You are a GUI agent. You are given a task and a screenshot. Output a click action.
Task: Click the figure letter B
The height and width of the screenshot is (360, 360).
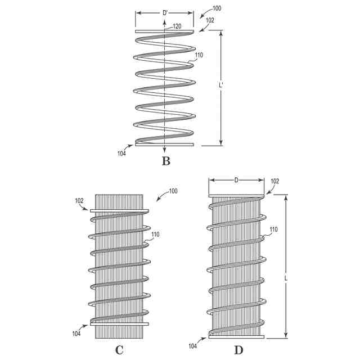165,161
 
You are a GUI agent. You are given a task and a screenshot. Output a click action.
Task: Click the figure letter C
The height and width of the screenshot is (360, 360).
119,350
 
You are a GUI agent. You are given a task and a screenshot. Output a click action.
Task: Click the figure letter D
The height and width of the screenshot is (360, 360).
238,350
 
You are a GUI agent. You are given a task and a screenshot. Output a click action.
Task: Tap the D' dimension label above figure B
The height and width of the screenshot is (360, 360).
165,12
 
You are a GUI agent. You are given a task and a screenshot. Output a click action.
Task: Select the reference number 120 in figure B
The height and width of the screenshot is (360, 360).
177,26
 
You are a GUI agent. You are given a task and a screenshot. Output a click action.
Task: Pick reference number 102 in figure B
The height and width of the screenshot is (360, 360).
210,20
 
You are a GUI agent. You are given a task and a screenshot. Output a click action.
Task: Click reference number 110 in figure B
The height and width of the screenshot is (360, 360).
199,55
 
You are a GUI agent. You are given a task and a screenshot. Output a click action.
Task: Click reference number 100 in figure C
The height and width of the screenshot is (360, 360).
173,191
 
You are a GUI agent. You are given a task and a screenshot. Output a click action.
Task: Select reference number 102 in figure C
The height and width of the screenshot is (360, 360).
79,200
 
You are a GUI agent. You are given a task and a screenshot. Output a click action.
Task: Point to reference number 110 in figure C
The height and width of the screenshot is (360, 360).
156,235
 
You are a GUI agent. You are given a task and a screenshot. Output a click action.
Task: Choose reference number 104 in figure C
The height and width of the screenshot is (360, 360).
76,334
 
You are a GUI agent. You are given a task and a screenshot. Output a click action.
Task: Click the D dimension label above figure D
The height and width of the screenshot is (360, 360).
236,180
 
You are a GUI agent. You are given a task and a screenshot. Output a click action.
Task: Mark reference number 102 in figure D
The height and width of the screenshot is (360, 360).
275,181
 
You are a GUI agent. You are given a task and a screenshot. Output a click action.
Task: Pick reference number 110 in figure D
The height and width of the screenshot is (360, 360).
273,229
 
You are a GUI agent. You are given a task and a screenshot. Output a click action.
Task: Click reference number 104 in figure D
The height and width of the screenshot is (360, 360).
193,346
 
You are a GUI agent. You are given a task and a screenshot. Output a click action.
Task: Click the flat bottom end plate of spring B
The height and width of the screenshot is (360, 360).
164,145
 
